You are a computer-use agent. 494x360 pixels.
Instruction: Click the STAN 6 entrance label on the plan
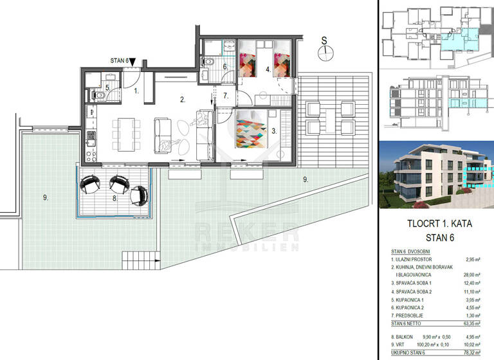click(x=119, y=61)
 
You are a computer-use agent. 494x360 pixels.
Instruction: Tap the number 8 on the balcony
click(x=114, y=199)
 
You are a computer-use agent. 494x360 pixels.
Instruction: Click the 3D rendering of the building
click(x=435, y=174)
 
